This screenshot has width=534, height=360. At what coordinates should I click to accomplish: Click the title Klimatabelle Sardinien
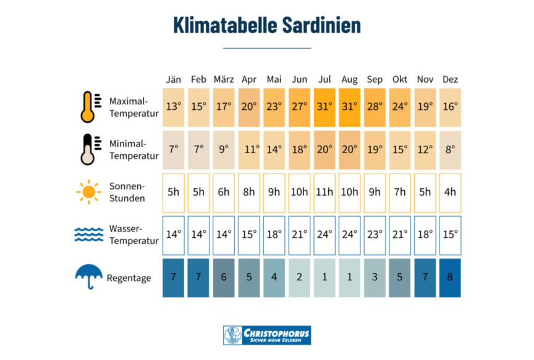point(267,26)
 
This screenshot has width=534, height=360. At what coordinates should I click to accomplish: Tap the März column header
point(223,80)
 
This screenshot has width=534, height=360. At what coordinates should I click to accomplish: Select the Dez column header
point(450,80)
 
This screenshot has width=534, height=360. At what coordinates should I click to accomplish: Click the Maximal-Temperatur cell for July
point(324,106)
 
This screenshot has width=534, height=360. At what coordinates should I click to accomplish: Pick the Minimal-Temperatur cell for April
point(249,149)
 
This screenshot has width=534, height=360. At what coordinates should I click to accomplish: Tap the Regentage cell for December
point(450,277)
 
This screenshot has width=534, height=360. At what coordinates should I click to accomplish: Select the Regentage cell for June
point(299,277)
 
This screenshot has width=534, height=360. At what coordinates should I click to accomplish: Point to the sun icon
point(89,192)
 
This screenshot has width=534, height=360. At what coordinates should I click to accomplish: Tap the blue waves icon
point(89,235)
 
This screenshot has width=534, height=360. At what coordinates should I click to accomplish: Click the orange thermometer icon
point(89,106)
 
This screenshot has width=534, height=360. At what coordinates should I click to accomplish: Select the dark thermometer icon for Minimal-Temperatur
point(89,149)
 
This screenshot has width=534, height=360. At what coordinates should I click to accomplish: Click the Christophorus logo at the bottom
point(267,335)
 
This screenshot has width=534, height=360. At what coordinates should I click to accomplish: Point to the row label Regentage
point(129,278)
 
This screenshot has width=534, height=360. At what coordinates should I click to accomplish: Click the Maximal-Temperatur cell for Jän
point(173,106)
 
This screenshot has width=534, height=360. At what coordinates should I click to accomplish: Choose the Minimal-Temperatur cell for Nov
point(425,149)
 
